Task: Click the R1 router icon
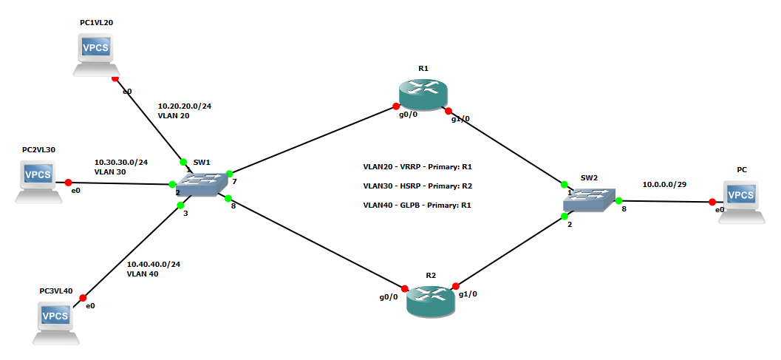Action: (x=423, y=94)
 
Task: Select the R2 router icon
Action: (x=431, y=300)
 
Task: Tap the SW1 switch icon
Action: (x=200, y=183)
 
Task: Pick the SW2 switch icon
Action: (x=590, y=200)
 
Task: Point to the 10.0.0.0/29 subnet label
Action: (x=664, y=184)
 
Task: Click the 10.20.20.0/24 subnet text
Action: (x=185, y=106)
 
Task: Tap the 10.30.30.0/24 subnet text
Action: (x=121, y=162)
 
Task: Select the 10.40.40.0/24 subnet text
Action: (x=154, y=264)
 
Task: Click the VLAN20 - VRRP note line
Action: (x=417, y=167)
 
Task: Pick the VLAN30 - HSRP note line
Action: (x=417, y=186)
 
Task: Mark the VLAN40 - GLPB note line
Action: (x=417, y=205)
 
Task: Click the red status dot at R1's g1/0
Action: (x=449, y=111)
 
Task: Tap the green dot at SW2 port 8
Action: (x=619, y=200)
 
